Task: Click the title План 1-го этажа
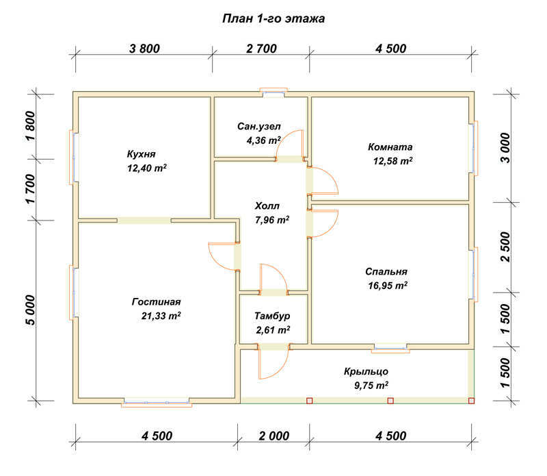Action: pos(273,18)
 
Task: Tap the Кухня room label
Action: pos(141,154)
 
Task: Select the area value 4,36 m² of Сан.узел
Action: pos(263,140)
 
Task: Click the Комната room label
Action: pos(390,147)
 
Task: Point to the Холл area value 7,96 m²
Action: pos(272,220)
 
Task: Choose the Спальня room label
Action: pos(386,271)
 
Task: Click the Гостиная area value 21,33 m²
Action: pos(161,316)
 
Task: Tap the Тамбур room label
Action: pos(272,316)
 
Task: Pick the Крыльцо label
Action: pos(366,371)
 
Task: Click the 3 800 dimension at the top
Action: pos(144,49)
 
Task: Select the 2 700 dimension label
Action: pos(261,49)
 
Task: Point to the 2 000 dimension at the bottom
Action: pos(274,436)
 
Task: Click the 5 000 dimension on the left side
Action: pos(30,310)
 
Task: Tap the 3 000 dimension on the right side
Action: pos(505,147)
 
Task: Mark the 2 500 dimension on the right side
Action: pos(505,247)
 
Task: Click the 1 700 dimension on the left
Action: pos(30,189)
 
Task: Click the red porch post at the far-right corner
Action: pos(471,401)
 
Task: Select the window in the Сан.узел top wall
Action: pos(274,92)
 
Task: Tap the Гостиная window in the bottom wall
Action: pos(157,402)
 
